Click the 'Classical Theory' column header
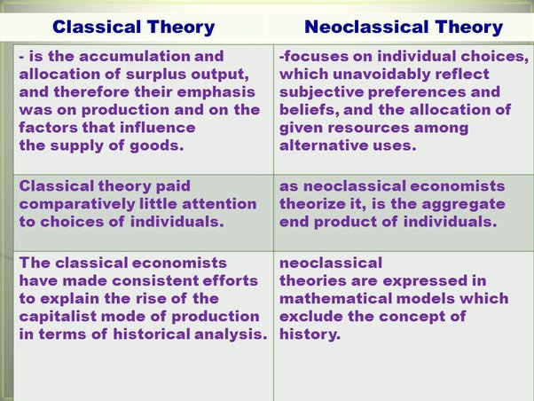[x=133, y=28]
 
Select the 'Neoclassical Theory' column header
[x=404, y=28]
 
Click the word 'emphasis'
[x=216, y=92]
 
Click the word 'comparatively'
[x=77, y=205]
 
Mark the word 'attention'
[x=219, y=204]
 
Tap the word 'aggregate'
[x=464, y=205]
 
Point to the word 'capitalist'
[x=58, y=317]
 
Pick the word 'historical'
[x=152, y=334]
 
